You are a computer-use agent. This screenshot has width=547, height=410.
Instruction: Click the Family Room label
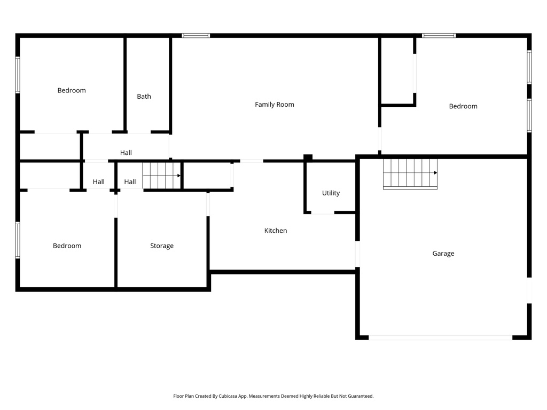pyautogui.click(x=274, y=105)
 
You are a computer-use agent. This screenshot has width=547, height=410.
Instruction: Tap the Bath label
pyautogui.click(x=144, y=97)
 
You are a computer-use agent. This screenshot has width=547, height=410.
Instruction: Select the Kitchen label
pyautogui.click(x=276, y=231)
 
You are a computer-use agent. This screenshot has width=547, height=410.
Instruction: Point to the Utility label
pyautogui.click(x=331, y=193)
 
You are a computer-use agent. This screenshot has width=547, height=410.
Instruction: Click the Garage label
pyautogui.click(x=443, y=254)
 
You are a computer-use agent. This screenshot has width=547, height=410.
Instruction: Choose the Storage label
pyautogui.click(x=161, y=246)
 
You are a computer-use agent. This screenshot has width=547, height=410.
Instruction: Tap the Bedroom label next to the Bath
pyautogui.click(x=72, y=91)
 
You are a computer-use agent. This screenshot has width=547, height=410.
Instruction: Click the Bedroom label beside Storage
pyautogui.click(x=67, y=246)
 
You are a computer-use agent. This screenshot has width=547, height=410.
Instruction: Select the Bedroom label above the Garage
pyautogui.click(x=463, y=106)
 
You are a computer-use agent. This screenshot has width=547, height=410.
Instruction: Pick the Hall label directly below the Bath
pyautogui.click(x=126, y=153)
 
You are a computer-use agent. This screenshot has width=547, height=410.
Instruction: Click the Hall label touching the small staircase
pyautogui.click(x=130, y=182)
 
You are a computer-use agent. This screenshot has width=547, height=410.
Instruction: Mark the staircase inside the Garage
pyautogui.click(x=410, y=174)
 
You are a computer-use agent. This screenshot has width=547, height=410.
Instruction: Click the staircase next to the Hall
pyautogui.click(x=161, y=176)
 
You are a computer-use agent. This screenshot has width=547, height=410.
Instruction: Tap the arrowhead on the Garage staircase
pyautogui.click(x=435, y=173)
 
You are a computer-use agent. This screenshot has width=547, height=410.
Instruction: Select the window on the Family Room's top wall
pyautogui.click(x=196, y=36)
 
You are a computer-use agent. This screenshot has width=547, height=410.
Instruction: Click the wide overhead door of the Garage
pyautogui.click(x=440, y=337)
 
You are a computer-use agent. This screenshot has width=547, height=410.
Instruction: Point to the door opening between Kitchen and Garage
pyautogui.click(x=357, y=254)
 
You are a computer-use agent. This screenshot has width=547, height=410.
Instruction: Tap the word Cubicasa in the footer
pyautogui.click(x=229, y=396)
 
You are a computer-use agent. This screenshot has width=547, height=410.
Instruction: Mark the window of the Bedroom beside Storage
pyautogui.click(x=18, y=240)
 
